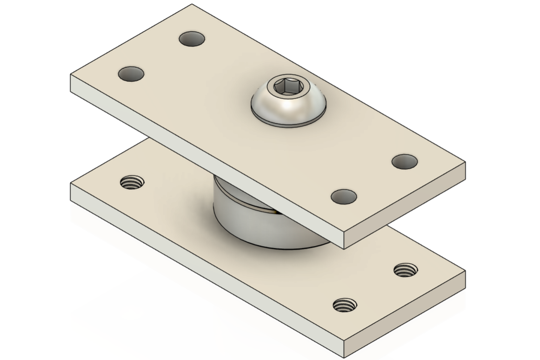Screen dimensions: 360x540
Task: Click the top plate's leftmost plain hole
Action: [131, 74]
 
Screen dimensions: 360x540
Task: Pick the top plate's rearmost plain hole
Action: [192, 39]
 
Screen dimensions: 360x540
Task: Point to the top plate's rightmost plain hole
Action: [404, 161]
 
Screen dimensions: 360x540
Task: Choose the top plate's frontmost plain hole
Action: [344, 197]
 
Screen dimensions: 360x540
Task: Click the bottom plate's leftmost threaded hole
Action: [132, 182]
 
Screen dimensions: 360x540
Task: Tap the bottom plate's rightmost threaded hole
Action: [405, 270]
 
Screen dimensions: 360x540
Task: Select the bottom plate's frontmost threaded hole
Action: [345, 305]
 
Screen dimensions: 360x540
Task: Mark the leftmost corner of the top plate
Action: [71, 75]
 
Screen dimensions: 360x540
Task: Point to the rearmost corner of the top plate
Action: [192, 5]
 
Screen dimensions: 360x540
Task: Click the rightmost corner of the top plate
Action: [465, 162]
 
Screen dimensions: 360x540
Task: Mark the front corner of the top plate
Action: [344, 233]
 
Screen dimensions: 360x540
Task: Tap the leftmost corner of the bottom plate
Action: [71, 184]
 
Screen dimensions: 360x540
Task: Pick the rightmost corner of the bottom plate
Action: [465, 271]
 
